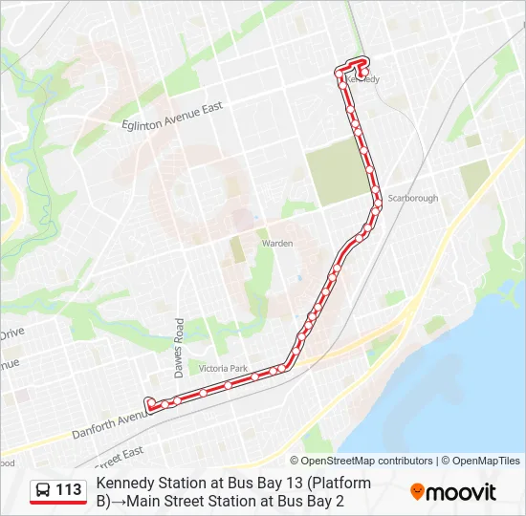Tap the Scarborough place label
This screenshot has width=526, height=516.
click(x=412, y=199)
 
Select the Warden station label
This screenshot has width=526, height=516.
click(x=277, y=244)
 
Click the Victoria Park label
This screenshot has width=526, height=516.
click(x=223, y=369)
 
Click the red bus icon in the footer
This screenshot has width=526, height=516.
click(x=42, y=490)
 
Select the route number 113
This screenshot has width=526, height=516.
click(x=68, y=490)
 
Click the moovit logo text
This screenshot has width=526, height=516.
click(x=462, y=492)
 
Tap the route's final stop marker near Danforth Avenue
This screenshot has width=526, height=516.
click(x=148, y=403)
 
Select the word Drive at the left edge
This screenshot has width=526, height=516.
click(x=11, y=334)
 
